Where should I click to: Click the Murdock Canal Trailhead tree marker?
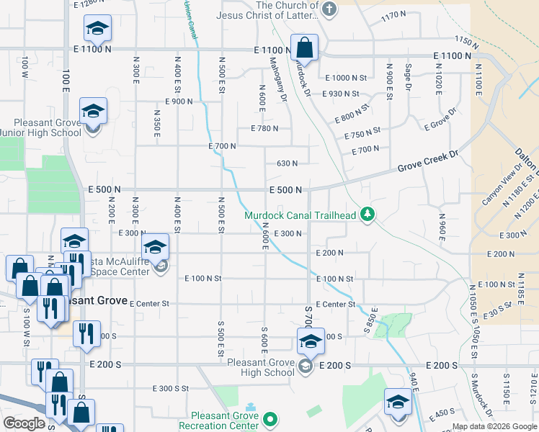click(368, 214)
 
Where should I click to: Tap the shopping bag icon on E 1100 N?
click(304, 48)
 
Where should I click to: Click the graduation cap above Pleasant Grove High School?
click(311, 341)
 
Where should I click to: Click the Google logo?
click(24, 423)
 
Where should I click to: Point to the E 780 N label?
click(264, 128)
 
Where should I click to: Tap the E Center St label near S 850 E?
click(335, 304)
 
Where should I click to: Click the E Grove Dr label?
click(441, 120)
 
